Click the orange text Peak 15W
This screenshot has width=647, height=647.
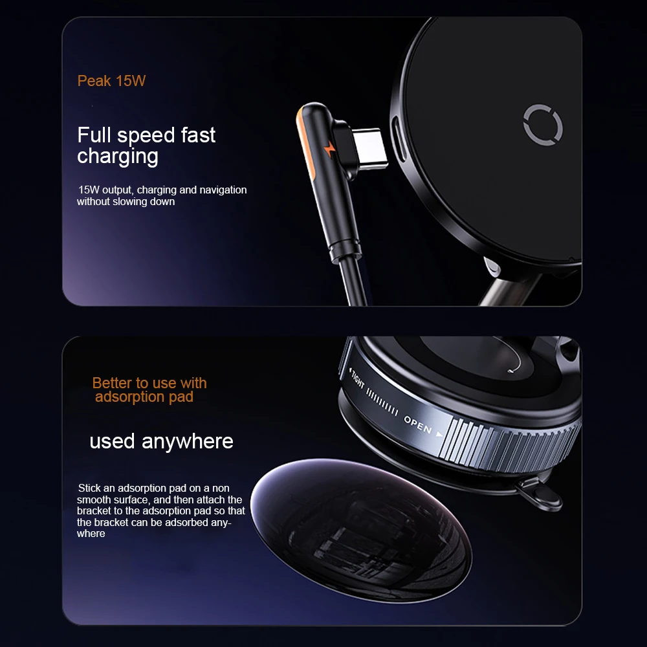pos(111,81)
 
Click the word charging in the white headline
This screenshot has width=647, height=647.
pos(118,157)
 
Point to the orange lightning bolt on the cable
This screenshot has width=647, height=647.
pos(330,149)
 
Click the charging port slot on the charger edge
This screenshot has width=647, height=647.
pos(398,138)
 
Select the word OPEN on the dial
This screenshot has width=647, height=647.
pos(417,425)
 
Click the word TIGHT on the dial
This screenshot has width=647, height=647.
pos(357,378)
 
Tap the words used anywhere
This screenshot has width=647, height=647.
pos(161,441)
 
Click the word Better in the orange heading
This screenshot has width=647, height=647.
pos(112,383)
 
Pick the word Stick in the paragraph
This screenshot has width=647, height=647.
pos(89,488)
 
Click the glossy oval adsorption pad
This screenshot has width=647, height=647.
pos(362,530)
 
